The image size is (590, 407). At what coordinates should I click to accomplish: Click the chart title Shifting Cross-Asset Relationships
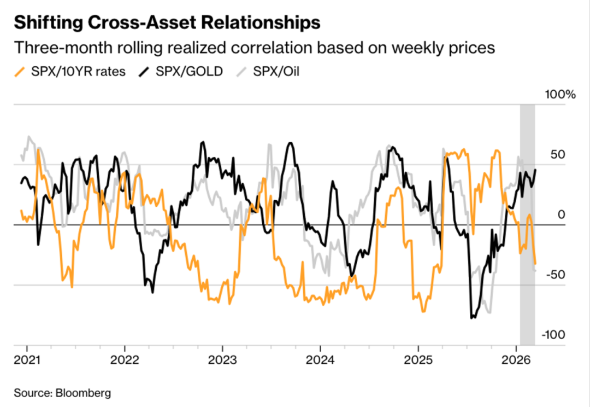click(167, 23)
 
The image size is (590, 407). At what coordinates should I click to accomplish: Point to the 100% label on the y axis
click(560, 95)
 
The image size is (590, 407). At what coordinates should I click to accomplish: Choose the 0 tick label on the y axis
click(560, 215)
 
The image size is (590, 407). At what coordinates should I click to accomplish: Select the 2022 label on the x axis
click(125, 361)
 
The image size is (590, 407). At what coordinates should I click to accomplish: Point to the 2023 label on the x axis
click(222, 361)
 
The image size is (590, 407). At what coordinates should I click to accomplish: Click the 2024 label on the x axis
click(320, 361)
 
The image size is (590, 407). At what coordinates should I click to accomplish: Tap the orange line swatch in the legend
click(20, 72)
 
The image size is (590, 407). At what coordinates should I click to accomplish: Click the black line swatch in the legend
click(145, 72)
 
